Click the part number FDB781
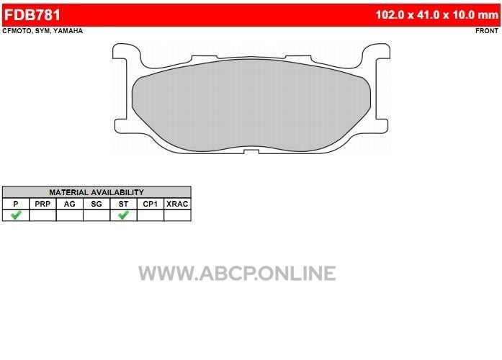32,15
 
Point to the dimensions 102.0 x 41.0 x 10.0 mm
437,14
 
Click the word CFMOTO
17,31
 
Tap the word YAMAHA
68,31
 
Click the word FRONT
487,31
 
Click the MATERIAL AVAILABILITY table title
97,192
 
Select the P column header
16,204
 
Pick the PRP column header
42,204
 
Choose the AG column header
69,204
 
